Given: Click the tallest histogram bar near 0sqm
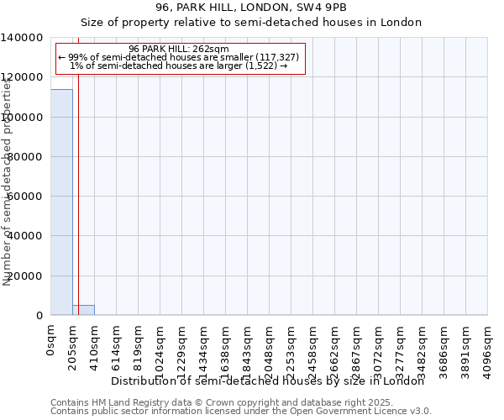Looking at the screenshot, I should [x=61, y=202].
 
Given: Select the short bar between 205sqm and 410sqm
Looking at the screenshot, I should [x=83, y=310].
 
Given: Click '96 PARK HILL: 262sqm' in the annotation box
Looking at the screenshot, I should [x=179, y=49].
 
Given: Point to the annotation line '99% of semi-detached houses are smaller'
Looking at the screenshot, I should [x=179, y=57].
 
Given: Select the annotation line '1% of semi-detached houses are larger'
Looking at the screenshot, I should [x=179, y=66].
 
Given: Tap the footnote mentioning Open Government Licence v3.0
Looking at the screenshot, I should [x=241, y=412].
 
